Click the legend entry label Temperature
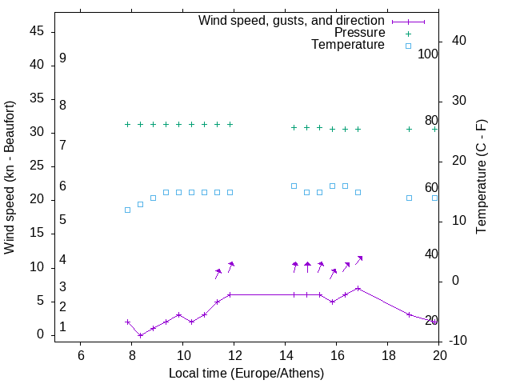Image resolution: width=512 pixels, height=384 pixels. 348,45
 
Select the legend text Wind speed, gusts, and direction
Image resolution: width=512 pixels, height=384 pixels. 292,21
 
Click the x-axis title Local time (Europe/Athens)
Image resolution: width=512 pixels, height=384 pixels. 246,373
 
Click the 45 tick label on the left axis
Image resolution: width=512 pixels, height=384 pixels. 37,31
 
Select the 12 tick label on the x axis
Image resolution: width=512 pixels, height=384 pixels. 234,355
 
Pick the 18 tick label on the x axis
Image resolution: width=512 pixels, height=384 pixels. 387,355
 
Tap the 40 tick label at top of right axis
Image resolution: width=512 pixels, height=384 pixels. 459,41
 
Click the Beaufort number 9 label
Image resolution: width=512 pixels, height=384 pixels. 62,58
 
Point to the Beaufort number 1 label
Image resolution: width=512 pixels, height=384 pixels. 62,327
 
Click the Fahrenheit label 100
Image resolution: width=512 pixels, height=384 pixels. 429,54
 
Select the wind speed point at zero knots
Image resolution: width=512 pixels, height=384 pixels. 141,335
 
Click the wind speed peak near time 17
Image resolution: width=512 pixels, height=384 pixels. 358,288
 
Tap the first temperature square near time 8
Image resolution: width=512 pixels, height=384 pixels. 128,210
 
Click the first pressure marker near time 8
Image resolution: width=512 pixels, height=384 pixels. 128,124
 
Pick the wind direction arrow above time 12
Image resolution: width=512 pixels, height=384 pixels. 230,266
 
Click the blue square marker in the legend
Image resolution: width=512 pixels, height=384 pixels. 408,46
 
